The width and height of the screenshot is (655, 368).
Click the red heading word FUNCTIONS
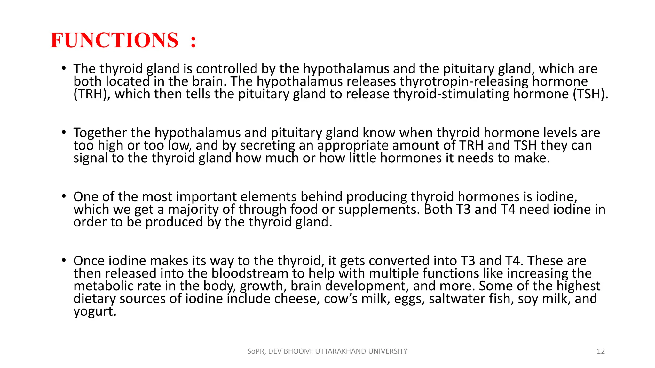coord(114,41)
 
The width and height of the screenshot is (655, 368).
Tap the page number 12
coord(601,351)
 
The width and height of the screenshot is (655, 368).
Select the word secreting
coord(267,146)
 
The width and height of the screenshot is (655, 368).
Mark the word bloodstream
coord(250,273)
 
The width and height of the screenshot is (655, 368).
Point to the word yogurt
coord(95,311)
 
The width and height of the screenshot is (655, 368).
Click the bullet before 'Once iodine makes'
coord(64,260)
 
